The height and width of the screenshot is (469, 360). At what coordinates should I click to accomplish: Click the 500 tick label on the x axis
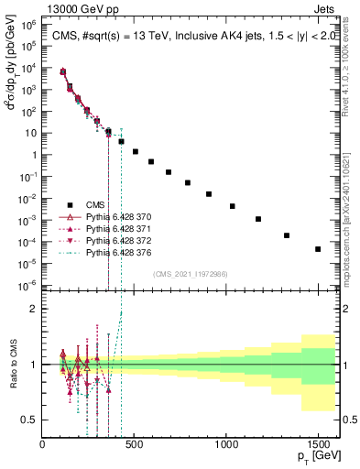[135, 445]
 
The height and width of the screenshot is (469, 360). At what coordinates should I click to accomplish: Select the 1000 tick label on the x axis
[226, 445]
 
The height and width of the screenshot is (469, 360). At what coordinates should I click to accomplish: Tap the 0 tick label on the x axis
[43, 445]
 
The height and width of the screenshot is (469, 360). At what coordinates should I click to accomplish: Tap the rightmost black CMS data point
[318, 249]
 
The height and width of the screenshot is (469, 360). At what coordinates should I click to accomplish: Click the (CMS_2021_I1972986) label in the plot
[190, 274]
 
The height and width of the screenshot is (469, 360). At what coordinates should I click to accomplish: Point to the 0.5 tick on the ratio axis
[29, 420]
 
